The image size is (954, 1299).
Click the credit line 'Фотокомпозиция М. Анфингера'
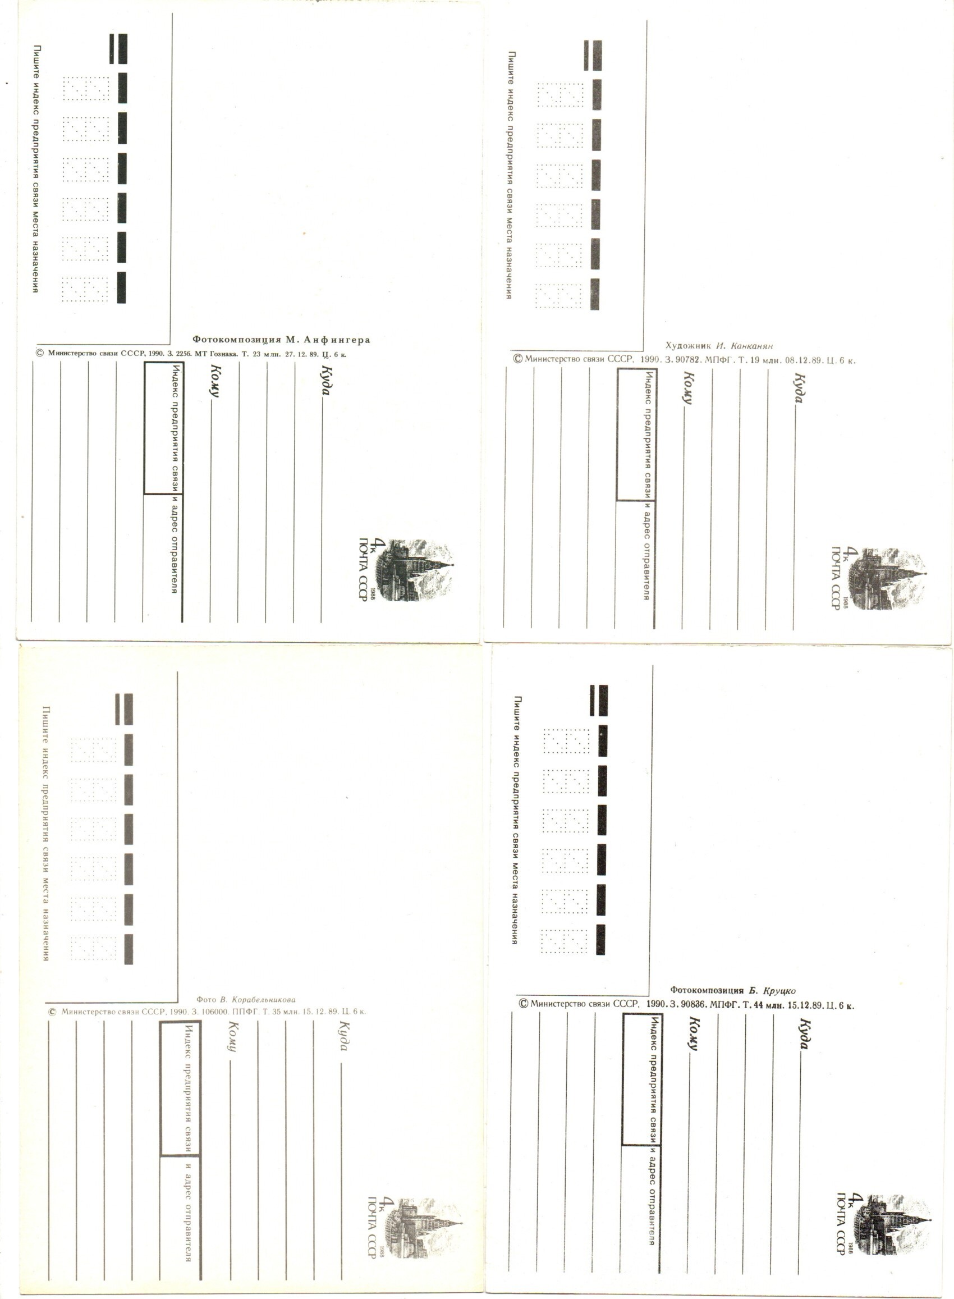(x=281, y=340)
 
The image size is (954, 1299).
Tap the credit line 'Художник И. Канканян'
(x=719, y=346)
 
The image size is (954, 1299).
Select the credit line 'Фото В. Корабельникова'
(x=245, y=1000)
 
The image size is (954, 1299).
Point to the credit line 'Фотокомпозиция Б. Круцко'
(x=732, y=991)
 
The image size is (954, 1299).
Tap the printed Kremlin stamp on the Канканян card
(x=888, y=578)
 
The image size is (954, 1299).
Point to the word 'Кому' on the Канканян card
(x=689, y=387)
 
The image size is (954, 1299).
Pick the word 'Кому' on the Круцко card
(x=694, y=1035)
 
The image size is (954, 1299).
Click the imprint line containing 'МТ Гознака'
(x=191, y=354)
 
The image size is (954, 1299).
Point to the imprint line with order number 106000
(x=207, y=1012)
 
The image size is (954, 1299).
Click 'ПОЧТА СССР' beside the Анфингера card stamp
(x=364, y=569)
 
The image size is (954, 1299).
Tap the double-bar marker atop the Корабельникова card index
(x=124, y=709)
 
